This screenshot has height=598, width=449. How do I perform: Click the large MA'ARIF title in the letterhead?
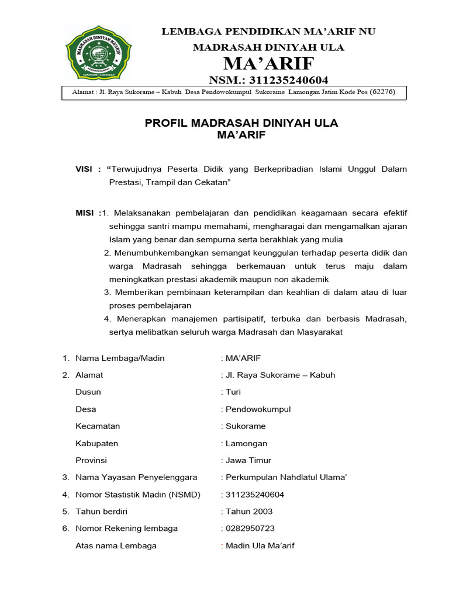[x=269, y=63]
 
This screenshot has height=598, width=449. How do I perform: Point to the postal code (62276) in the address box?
[x=379, y=92]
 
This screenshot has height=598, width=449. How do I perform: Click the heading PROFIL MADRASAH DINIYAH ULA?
[x=241, y=123]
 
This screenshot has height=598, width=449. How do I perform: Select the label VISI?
[x=84, y=169]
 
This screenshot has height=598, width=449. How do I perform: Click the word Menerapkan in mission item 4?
[x=137, y=319]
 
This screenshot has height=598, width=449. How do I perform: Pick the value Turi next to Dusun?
[x=233, y=392]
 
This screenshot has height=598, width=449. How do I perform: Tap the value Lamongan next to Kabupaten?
[x=246, y=443]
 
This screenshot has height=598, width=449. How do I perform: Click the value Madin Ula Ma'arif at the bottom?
[x=260, y=546]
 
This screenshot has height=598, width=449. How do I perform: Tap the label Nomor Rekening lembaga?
[x=126, y=529]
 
